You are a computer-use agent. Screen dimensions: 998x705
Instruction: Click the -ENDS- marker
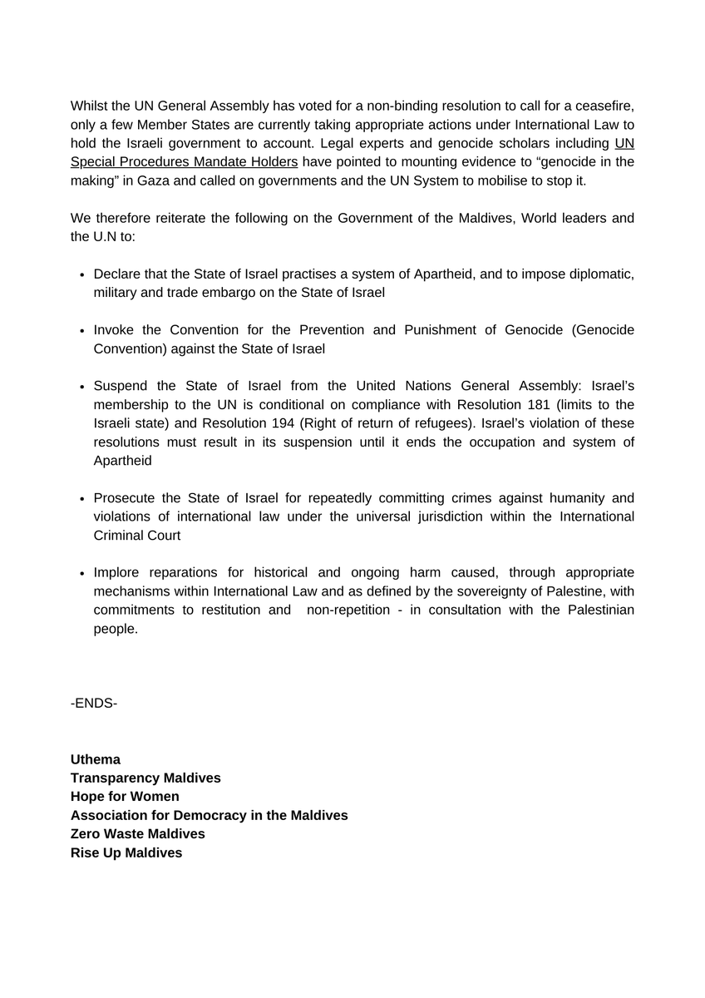coord(94,704)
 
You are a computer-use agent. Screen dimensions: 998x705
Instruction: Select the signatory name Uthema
coord(96,759)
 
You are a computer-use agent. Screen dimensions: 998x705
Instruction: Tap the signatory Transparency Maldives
coord(145,778)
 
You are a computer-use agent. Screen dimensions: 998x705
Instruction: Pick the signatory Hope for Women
coord(125,796)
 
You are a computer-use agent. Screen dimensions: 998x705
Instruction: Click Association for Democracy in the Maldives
coord(209,815)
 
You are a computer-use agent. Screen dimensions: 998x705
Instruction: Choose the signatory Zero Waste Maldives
coord(137,833)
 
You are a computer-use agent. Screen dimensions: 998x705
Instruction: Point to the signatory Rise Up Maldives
coord(126,852)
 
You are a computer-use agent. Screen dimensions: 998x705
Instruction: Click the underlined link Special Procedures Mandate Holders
coord(184,161)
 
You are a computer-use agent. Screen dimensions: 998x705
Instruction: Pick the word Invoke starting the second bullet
coord(114,330)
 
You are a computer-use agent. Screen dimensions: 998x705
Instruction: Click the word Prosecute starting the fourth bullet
coord(124,498)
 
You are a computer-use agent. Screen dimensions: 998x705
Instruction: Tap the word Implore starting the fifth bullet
coord(117,572)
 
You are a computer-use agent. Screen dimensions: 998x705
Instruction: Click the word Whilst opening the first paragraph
coord(90,106)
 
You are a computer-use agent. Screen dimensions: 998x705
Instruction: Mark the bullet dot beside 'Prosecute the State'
coord(82,499)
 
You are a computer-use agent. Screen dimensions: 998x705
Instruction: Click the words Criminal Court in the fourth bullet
coord(137,536)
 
